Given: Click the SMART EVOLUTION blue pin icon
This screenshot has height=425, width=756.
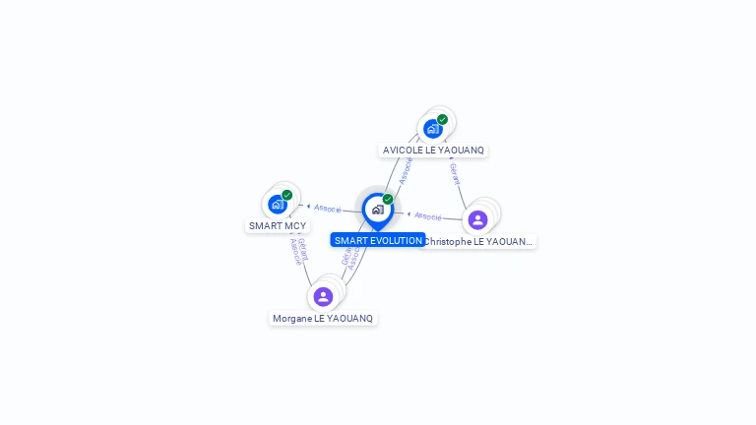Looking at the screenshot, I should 377,210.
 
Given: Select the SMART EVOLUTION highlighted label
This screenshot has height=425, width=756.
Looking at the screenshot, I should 378,240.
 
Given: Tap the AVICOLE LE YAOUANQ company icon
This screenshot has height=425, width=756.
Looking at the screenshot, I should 432,129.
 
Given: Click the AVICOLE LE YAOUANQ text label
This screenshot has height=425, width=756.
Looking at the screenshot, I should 433,151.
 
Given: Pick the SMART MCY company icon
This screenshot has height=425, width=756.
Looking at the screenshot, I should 278,205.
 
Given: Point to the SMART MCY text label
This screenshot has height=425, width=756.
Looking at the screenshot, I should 278,226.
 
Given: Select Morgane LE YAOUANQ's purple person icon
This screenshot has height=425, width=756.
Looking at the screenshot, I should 323,296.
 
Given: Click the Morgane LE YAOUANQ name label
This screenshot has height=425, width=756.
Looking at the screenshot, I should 323,319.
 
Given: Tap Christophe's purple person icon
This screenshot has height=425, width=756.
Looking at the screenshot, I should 477,219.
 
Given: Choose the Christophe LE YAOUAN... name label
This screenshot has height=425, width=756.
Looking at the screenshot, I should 478,241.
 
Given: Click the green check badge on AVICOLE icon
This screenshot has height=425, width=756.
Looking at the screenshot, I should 443,119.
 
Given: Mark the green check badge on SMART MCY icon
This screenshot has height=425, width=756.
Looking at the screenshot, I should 287,195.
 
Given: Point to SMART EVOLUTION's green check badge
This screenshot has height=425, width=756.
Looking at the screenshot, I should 388,199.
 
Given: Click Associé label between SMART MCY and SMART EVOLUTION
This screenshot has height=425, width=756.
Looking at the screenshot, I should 328,209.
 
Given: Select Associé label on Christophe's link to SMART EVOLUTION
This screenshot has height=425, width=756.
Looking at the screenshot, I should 428,215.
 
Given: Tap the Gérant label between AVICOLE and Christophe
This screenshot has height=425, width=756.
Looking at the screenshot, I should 454,173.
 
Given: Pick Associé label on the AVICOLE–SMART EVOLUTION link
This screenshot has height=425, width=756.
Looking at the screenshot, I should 405,169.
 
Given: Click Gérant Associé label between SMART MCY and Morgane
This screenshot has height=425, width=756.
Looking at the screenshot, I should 299,252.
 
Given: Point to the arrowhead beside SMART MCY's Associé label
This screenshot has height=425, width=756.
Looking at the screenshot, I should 309,207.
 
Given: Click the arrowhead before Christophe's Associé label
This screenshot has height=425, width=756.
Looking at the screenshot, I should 409,213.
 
